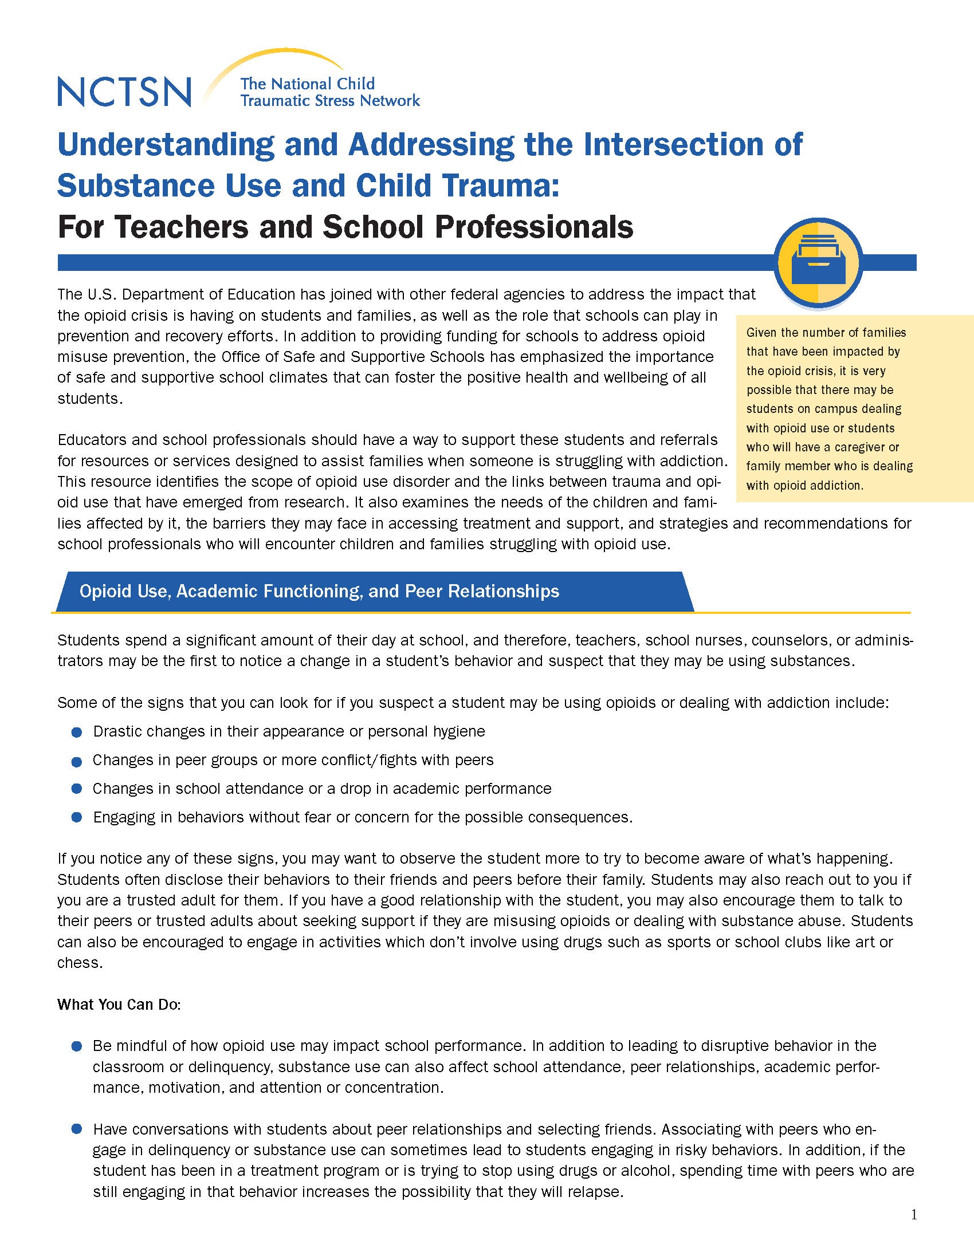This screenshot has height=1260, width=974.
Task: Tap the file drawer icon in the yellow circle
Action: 820,262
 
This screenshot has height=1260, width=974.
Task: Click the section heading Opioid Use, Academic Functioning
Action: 319,592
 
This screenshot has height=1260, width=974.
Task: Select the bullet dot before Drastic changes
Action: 76,733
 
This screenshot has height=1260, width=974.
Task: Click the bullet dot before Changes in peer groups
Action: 76,762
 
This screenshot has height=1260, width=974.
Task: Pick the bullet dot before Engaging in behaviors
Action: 76,818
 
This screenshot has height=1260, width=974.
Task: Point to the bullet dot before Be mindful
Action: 76,1046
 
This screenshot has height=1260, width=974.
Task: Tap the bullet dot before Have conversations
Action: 76,1129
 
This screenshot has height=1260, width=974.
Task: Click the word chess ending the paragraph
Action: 78,963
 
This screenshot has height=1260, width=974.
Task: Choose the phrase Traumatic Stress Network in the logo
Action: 330,101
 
